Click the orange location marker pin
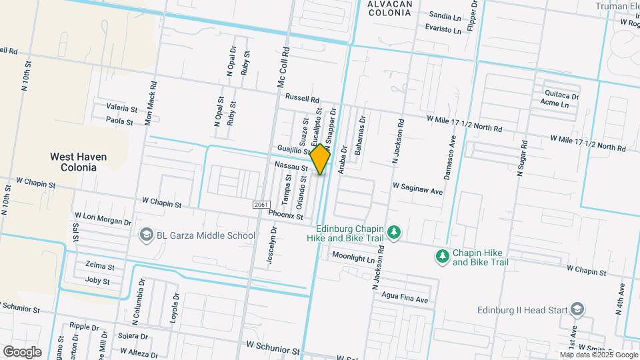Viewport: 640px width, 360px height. pyautogui.click(x=321, y=159)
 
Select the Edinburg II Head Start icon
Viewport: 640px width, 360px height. pyautogui.click(x=577, y=310)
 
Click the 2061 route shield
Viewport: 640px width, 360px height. pyautogui.click(x=261, y=205)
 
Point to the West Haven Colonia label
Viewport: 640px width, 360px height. pyautogui.click(x=78, y=162)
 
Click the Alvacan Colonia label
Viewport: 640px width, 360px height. pyautogui.click(x=390, y=8)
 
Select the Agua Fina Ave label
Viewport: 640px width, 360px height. pyautogui.click(x=405, y=299)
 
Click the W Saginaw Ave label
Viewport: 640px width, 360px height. pyautogui.click(x=418, y=190)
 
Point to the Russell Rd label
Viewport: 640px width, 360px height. pyautogui.click(x=303, y=97)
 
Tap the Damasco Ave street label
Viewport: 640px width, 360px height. pyautogui.click(x=451, y=157)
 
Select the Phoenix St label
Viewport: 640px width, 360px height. pyautogui.click(x=286, y=215)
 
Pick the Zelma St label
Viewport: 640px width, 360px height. pyautogui.click(x=100, y=267)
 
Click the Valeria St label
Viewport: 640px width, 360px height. pyautogui.click(x=122, y=108)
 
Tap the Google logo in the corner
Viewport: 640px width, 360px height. pyautogui.click(x=22, y=352)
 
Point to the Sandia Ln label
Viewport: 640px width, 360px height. pyautogui.click(x=445, y=15)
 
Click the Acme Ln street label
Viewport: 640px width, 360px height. pyautogui.click(x=555, y=104)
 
